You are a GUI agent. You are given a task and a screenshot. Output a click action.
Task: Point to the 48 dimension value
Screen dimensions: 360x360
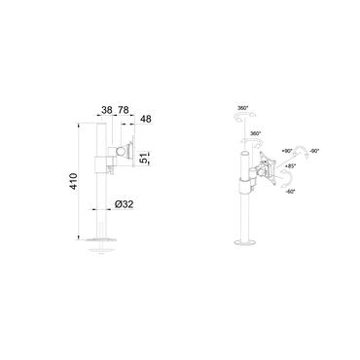coord(146,120)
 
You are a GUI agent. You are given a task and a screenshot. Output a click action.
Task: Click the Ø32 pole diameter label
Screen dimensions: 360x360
coord(121,207)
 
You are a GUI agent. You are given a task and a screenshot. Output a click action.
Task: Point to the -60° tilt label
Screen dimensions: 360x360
coord(290,192)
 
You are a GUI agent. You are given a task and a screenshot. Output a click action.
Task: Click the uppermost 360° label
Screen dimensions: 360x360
coord(242,109)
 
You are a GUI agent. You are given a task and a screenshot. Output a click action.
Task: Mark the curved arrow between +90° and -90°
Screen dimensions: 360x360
coord(303,149)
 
